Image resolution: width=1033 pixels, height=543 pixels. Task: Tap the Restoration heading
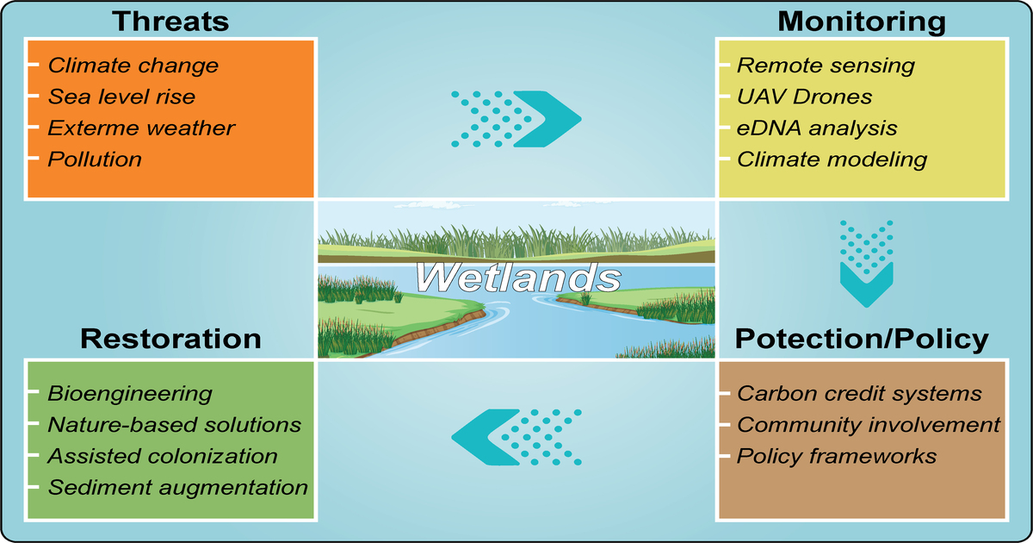click(x=170, y=338)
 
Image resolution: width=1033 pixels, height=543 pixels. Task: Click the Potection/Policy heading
click(x=861, y=339)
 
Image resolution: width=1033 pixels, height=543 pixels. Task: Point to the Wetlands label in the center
click(x=517, y=278)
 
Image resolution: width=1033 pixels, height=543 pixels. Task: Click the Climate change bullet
click(x=133, y=66)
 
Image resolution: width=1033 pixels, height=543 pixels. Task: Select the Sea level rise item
click(x=121, y=97)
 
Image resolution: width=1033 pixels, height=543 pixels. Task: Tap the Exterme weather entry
click(x=141, y=128)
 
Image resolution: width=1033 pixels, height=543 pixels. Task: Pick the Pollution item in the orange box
click(x=95, y=159)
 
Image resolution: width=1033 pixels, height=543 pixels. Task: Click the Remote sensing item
click(x=826, y=66)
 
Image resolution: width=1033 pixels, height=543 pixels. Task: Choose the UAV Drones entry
click(x=805, y=97)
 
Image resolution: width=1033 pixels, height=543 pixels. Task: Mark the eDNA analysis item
click(x=818, y=128)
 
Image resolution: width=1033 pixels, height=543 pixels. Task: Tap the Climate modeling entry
click(x=832, y=159)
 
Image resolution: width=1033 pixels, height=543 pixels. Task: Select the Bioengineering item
click(x=129, y=394)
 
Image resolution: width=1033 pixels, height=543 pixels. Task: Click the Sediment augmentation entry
click(x=177, y=487)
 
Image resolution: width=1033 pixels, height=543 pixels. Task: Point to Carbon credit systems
click(x=859, y=394)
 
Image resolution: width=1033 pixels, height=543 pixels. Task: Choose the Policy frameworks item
click(x=837, y=456)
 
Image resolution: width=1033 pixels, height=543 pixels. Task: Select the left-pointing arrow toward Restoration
click(x=517, y=433)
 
